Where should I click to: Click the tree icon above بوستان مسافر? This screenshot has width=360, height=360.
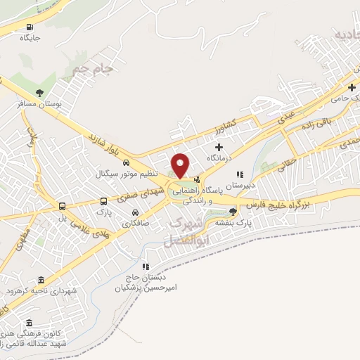pyautogui.click(x=39, y=92)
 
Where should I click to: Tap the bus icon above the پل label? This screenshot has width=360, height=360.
pyautogui.click(x=63, y=207)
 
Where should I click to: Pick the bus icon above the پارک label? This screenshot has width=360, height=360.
pyautogui.click(x=104, y=200)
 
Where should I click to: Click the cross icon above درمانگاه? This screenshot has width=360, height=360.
pyautogui.click(x=219, y=147)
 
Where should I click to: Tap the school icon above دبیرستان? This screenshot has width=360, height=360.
pyautogui.click(x=240, y=174)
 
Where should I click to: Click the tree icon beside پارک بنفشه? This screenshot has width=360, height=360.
pyautogui.click(x=233, y=211)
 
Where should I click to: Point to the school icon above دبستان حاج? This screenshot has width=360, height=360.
pyautogui.click(x=146, y=266)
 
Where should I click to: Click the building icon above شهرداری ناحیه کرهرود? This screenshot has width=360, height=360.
pyautogui.click(x=39, y=280)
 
